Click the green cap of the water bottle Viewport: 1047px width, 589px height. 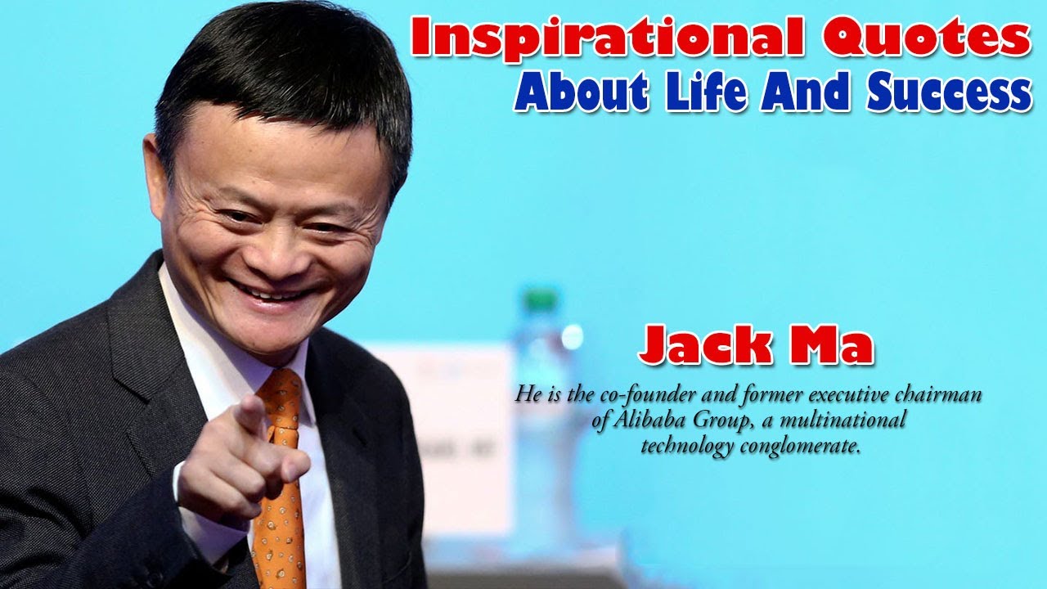(541, 299)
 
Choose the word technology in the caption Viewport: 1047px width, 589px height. (687, 447)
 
